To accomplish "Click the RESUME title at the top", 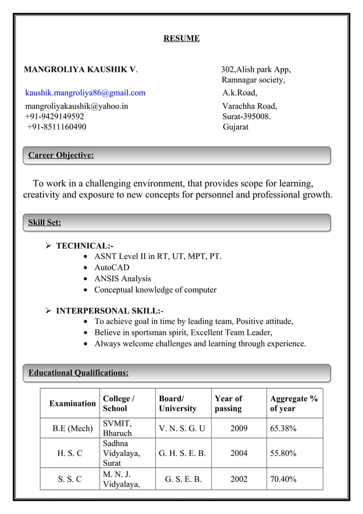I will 181,39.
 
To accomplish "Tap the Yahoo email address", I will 76,106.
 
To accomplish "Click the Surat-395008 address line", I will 246,116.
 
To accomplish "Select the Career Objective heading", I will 61,155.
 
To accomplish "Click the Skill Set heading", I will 45,223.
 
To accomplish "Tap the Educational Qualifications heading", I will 79,373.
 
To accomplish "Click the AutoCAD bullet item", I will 112,268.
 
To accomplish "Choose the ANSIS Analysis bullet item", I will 122,278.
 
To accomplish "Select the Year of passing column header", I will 229,404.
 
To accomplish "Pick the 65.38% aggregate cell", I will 283,428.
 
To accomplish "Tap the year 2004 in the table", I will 238,453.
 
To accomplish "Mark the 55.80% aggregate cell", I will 283,453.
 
